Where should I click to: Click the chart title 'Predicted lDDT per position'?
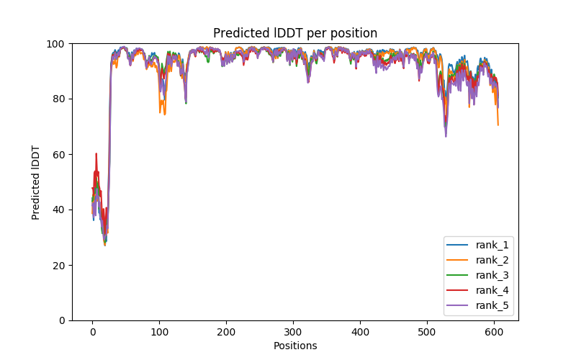pos(295,33)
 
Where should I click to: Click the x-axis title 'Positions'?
pos(295,346)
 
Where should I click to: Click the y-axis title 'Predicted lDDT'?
pos(36,182)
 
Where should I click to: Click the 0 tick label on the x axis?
pos(92,331)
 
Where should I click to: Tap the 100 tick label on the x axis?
pos(159,331)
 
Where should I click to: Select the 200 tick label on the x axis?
pos(226,331)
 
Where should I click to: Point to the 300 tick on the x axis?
pos(293,331)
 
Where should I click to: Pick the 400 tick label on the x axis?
pos(360,331)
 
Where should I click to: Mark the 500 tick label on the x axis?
pos(427,331)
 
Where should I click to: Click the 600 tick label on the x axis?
pos(494,331)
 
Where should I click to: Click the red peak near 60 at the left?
pos(96,154)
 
